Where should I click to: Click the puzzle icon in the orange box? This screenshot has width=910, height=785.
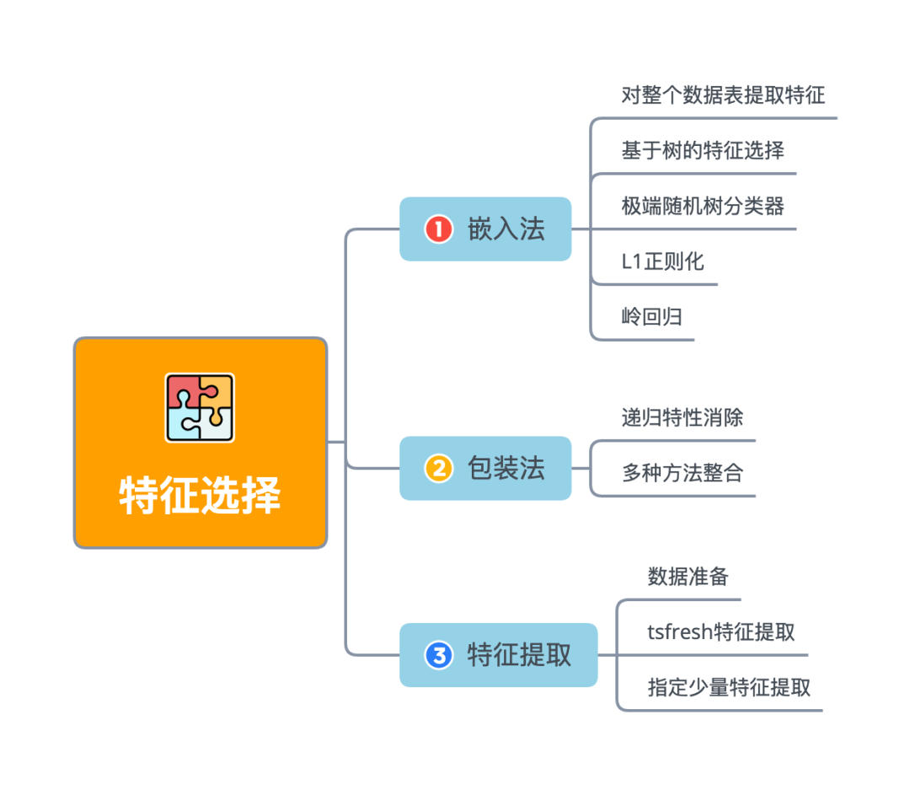click(x=200, y=408)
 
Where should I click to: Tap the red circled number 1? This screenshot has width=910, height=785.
click(x=438, y=229)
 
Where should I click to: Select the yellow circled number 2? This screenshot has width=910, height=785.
click(x=438, y=468)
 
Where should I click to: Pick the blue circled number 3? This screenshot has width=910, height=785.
click(x=438, y=655)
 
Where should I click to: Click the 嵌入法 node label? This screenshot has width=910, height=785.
click(x=506, y=229)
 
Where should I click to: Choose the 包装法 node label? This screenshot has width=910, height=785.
click(x=506, y=468)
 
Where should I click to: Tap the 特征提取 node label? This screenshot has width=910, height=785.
click(x=519, y=655)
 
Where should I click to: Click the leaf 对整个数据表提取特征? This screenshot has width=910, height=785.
click(x=723, y=94)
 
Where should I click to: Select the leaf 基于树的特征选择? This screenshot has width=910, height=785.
click(x=703, y=150)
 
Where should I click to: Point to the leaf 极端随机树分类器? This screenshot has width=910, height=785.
click(x=703, y=205)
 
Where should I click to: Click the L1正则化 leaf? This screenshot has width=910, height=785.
click(x=662, y=261)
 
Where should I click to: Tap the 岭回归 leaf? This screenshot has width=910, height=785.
click(x=651, y=317)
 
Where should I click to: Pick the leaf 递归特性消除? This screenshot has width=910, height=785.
click(x=682, y=417)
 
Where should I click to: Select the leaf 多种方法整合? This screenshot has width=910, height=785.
click(x=682, y=473)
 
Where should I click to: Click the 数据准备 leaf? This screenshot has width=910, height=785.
click(x=688, y=577)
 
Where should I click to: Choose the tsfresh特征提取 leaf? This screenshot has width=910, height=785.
click(x=721, y=632)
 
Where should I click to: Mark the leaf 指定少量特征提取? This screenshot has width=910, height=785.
click(x=729, y=687)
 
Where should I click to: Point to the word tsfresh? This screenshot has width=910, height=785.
click(x=679, y=632)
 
